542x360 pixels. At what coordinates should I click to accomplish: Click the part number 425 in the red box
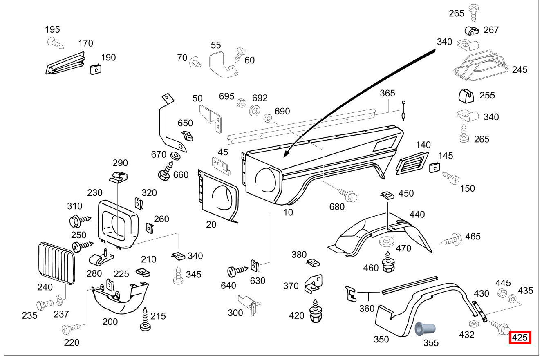coord(520,338)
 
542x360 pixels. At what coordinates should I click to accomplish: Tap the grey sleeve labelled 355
coord(424,329)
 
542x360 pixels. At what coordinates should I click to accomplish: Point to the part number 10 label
coord(288,212)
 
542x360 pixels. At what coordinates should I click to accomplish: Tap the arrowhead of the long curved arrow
coord(285,156)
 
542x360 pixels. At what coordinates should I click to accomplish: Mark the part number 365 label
coord(387,93)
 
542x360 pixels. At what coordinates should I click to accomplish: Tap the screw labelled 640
coord(237,270)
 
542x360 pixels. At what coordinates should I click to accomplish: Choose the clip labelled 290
coord(119,177)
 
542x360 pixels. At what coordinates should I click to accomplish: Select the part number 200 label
coord(110,322)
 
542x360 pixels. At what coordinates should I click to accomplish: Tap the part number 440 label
coord(417,214)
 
